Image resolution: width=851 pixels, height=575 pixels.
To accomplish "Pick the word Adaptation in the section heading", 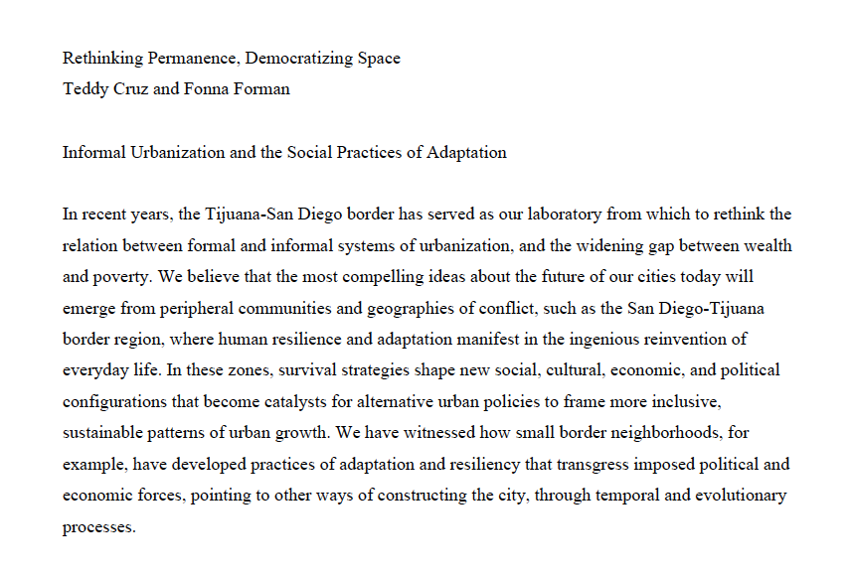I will point(467,153).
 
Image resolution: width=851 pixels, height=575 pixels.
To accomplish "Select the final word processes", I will point(97,527).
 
